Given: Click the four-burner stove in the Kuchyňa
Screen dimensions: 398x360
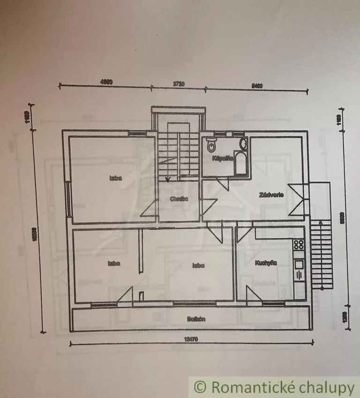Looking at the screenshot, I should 298,244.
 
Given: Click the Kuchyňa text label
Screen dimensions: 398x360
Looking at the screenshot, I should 266,263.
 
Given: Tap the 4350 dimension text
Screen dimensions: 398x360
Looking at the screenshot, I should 106,82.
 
